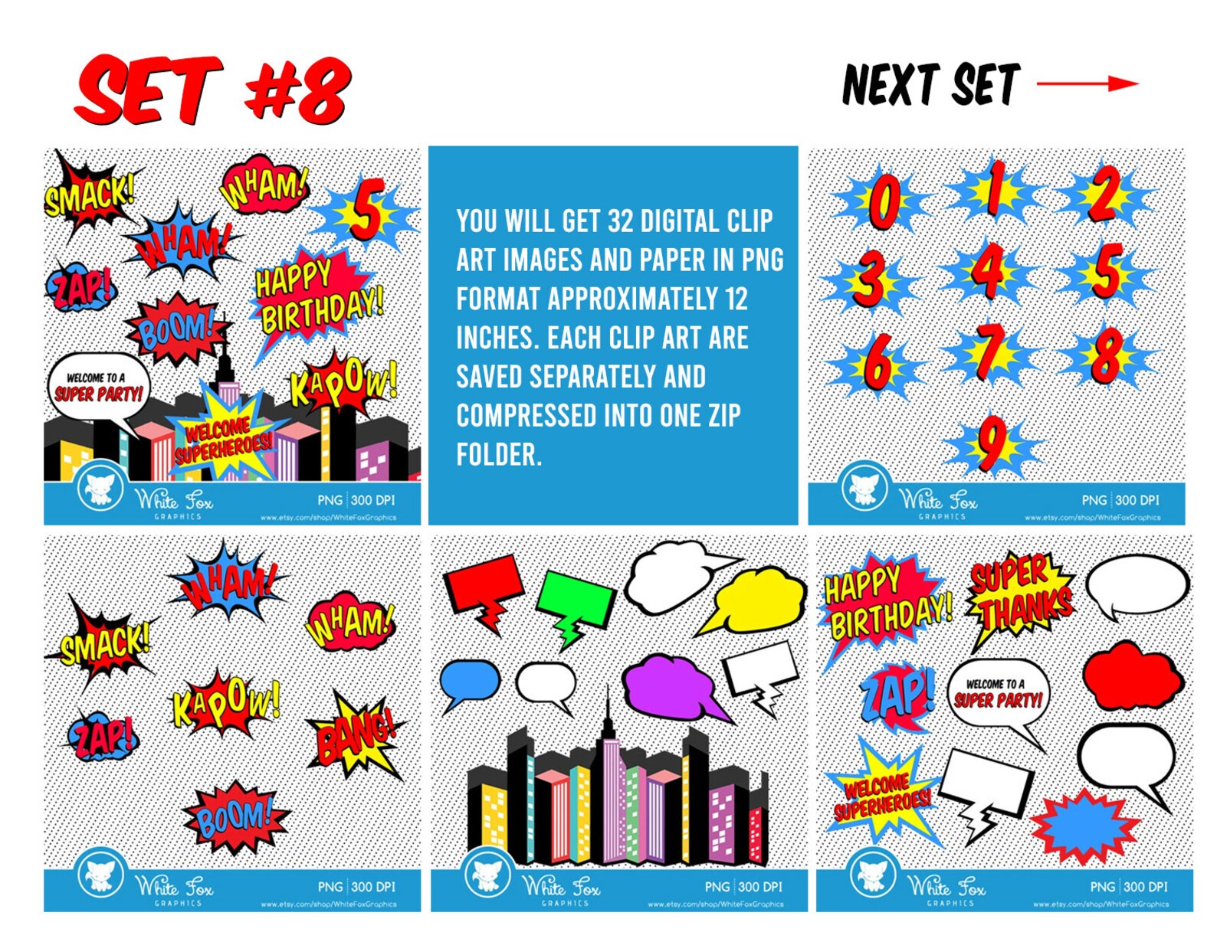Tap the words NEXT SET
[x=930, y=84]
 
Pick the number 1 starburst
[x=994, y=190]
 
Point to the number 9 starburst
[x=992, y=444]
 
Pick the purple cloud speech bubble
[x=670, y=685]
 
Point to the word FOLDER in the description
[x=499, y=455]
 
